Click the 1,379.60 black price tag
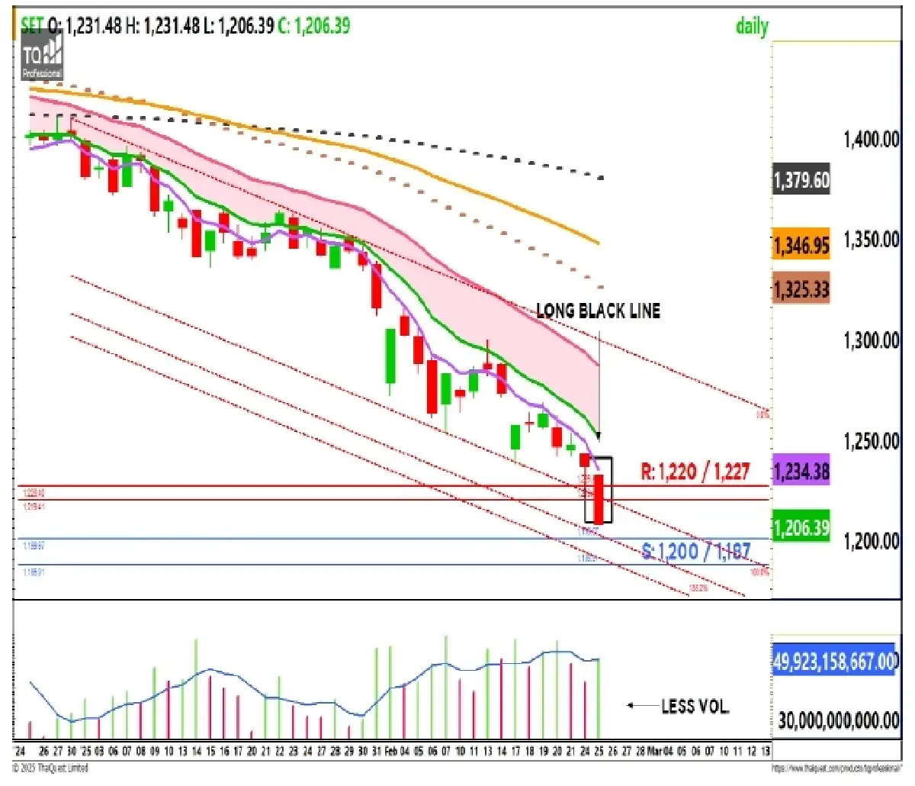(801, 181)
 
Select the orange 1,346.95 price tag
(801, 245)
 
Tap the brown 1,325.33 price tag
(801, 290)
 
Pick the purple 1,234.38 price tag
(801, 471)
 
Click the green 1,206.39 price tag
(801, 527)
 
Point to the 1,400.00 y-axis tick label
(871, 140)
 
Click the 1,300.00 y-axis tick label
(871, 340)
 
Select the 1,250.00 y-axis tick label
(871, 441)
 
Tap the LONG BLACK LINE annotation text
(598, 311)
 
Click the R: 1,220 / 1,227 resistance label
(695, 472)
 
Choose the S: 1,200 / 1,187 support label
(695, 551)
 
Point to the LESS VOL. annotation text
(695, 707)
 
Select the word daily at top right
(751, 27)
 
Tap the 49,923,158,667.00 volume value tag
(836, 660)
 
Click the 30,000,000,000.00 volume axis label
(838, 720)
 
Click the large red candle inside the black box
(599, 498)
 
